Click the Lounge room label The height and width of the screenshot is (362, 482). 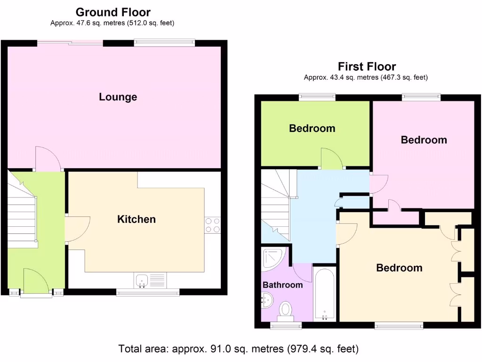[118, 97]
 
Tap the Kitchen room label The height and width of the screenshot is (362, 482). [136, 219]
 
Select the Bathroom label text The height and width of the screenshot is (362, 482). [282, 285]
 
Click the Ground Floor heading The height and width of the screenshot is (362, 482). [113, 12]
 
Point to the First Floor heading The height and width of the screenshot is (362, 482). [367, 67]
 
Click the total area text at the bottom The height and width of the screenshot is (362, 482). [238, 349]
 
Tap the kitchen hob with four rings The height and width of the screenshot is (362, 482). [213, 225]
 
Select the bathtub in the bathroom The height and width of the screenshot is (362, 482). [325, 294]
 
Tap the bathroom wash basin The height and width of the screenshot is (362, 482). [266, 299]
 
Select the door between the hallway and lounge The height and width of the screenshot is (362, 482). [48, 159]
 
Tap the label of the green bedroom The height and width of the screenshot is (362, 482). [312, 128]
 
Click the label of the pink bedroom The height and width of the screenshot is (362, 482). [424, 140]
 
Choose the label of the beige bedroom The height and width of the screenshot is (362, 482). [399, 268]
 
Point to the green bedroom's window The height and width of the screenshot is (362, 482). [317, 97]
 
